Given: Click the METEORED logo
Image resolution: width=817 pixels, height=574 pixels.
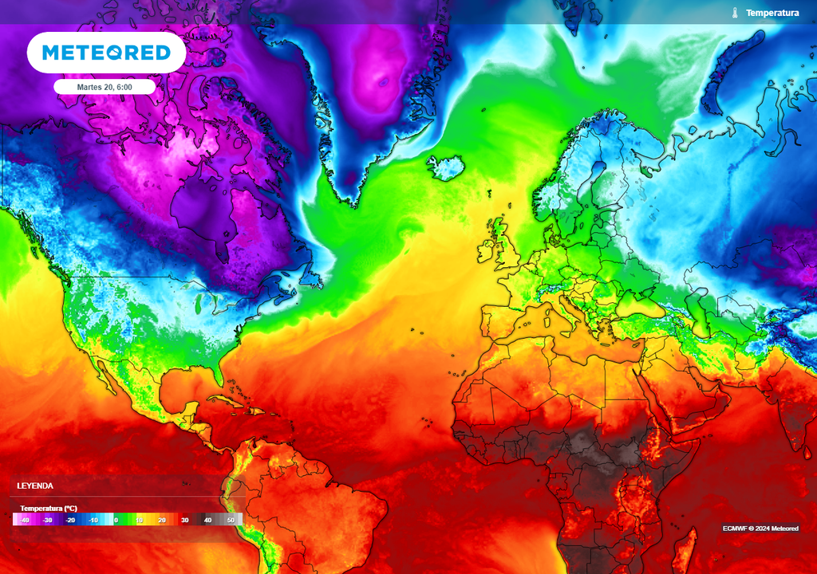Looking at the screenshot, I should pyautogui.click(x=106, y=53).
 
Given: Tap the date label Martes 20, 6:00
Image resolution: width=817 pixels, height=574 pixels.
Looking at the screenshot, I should pyautogui.click(x=105, y=86).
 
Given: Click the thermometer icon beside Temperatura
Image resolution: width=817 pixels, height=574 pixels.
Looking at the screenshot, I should pyautogui.click(x=735, y=13).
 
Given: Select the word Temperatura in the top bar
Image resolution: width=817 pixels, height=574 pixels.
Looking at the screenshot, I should pyautogui.click(x=772, y=13).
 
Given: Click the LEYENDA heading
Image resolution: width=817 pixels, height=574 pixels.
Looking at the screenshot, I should pyautogui.click(x=36, y=486).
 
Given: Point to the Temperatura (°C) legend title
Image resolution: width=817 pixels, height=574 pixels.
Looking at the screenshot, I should pyautogui.click(x=49, y=508).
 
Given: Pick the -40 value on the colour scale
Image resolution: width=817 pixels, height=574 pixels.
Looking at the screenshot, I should pyautogui.click(x=26, y=520).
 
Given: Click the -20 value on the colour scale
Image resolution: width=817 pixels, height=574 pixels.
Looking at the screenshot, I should pyautogui.click(x=70, y=520).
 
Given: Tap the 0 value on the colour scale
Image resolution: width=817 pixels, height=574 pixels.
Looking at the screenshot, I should pyautogui.click(x=116, y=520).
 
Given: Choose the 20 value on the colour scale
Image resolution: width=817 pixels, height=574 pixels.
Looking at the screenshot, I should pyautogui.click(x=161, y=520).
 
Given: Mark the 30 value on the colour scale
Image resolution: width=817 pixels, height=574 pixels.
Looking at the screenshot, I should pyautogui.click(x=184, y=520).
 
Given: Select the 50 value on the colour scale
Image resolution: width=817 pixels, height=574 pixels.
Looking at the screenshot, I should pyautogui.click(x=231, y=520).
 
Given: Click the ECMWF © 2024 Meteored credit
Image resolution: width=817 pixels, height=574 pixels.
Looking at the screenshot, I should pyautogui.click(x=760, y=529).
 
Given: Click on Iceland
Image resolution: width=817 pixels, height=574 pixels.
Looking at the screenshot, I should pyautogui.click(x=446, y=167).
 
